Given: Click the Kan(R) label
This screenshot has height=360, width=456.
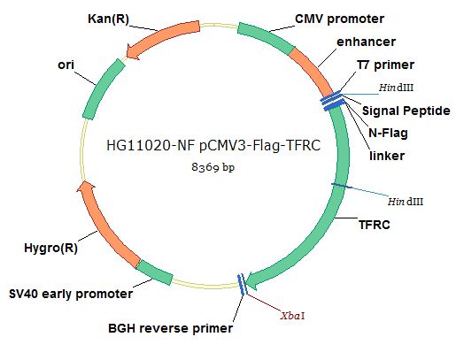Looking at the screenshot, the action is pyautogui.click(x=108, y=19).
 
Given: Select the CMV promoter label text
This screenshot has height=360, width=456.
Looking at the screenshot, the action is pyautogui.click(x=339, y=19).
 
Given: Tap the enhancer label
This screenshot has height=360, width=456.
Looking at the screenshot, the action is pyautogui.click(x=366, y=42).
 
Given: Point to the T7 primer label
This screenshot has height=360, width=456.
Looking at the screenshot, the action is pyautogui.click(x=385, y=65).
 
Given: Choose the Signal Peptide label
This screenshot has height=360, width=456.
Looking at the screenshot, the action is pyautogui.click(x=406, y=111).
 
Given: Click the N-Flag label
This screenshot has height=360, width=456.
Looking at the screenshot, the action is pyautogui.click(x=388, y=133).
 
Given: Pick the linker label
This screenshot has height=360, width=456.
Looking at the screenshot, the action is pyautogui.click(x=387, y=156).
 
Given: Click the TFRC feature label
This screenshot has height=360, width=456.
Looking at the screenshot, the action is pyautogui.click(x=375, y=225).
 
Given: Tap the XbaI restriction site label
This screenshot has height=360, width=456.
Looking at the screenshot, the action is pyautogui.click(x=292, y=316).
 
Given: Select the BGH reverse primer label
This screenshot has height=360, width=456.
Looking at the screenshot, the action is pyautogui.click(x=171, y=328).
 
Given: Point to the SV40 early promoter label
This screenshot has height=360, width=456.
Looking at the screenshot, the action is pyautogui.click(x=71, y=294).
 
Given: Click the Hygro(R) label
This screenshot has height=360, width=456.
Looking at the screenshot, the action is pyautogui.click(x=50, y=248).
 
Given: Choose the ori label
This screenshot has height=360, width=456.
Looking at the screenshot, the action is pyautogui.click(x=66, y=65).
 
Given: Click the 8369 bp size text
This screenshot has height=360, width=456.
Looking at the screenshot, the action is pyautogui.click(x=213, y=167).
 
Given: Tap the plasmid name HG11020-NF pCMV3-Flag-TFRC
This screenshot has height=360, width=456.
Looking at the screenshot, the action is pyautogui.click(x=213, y=145).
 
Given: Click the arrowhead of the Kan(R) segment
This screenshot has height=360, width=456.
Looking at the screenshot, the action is pyautogui.click(x=133, y=51).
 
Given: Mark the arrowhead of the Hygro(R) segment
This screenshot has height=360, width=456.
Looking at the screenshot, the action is pyautogui.click(x=86, y=187).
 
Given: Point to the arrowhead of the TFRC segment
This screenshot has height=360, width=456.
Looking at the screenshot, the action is pyautogui.click(x=251, y=280).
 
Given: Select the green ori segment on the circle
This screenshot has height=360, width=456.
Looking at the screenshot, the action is pyautogui.click(x=102, y=89).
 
